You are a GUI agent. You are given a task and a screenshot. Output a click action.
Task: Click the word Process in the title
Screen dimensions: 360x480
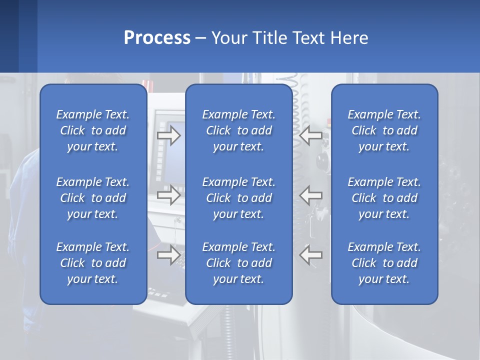pyautogui.click(x=157, y=38)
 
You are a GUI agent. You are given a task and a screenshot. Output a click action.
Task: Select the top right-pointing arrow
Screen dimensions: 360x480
pyautogui.click(x=168, y=135)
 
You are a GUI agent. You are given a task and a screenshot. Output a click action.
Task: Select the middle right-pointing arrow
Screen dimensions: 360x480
pyautogui.click(x=168, y=195)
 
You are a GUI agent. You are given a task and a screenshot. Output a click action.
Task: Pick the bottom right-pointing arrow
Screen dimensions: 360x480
pyautogui.click(x=168, y=254)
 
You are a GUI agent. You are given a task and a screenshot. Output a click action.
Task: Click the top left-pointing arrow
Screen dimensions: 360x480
pyautogui.click(x=311, y=135)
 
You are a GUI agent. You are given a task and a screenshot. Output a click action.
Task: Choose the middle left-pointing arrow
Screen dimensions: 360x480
pyautogui.click(x=311, y=195)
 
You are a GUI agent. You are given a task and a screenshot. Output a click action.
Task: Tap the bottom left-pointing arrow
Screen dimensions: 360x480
pyautogui.click(x=311, y=254)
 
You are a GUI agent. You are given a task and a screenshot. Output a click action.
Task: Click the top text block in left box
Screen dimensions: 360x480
pyautogui.click(x=93, y=130)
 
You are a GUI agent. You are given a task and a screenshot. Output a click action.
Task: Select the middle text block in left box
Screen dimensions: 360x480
pyautogui.click(x=93, y=198)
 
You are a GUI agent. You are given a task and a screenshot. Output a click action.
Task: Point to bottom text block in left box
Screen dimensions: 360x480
pyautogui.click(x=93, y=263)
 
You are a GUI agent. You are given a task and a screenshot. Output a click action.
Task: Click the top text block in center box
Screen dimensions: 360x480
pyautogui.click(x=239, y=130)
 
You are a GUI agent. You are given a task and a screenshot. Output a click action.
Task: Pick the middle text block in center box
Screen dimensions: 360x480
pyautogui.click(x=239, y=198)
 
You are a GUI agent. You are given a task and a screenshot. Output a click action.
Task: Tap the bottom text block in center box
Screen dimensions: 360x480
pyautogui.click(x=239, y=263)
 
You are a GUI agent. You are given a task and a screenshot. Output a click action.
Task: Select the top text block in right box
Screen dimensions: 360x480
pyautogui.click(x=384, y=130)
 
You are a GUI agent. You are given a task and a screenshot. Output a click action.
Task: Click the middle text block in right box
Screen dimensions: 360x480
pyautogui.click(x=384, y=198)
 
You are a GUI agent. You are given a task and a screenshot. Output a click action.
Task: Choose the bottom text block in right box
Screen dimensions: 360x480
pyautogui.click(x=384, y=263)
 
